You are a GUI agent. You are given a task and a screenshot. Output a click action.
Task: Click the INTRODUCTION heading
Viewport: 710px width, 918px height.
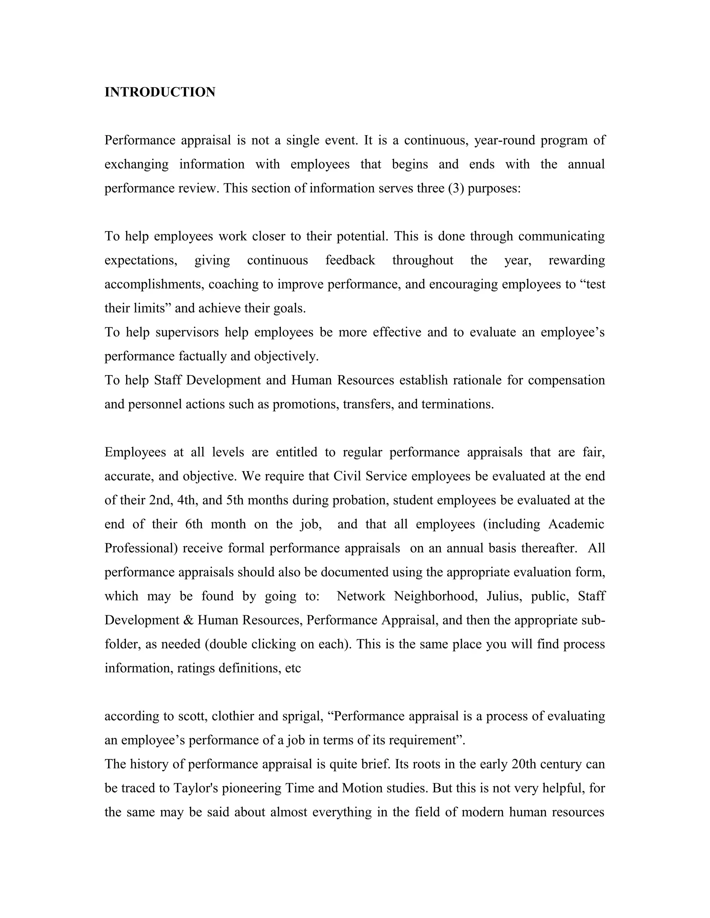(160, 92)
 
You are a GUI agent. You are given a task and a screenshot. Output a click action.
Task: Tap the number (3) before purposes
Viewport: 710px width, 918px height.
(456, 188)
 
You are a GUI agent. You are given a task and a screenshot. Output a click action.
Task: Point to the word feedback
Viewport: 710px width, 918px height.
(350, 260)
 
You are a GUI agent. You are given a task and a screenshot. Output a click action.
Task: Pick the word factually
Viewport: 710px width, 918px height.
(203, 356)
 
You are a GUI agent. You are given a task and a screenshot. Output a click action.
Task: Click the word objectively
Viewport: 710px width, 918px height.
(286, 356)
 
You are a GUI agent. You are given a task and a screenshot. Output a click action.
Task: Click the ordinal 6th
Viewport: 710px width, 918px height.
(194, 524)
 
